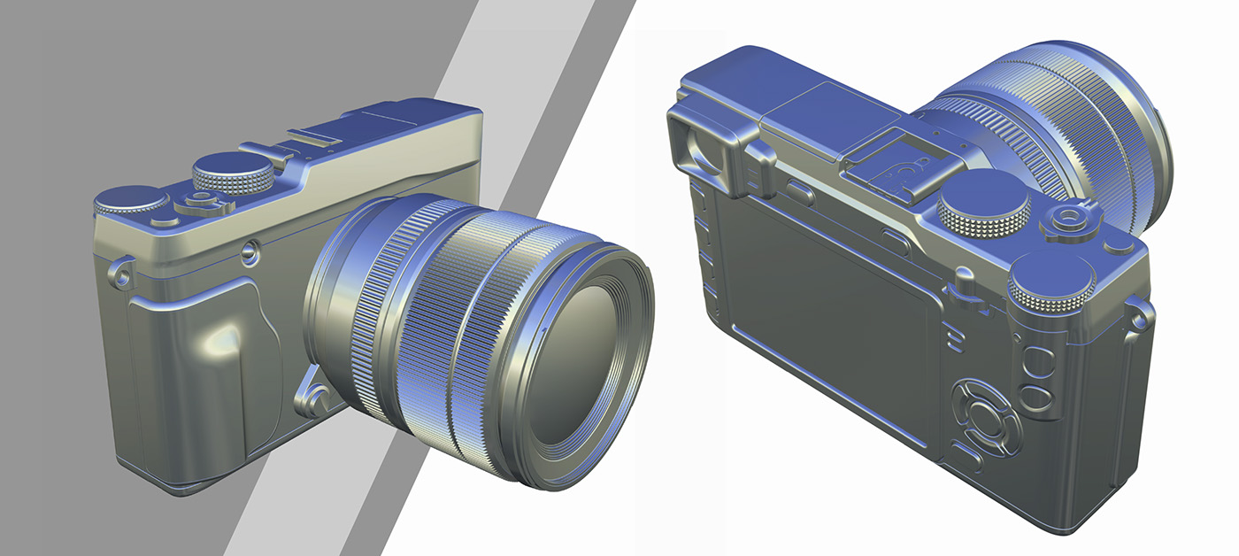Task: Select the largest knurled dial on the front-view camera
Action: (x=234, y=171)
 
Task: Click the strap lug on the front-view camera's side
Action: (x=121, y=270)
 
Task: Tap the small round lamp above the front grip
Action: (x=251, y=254)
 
